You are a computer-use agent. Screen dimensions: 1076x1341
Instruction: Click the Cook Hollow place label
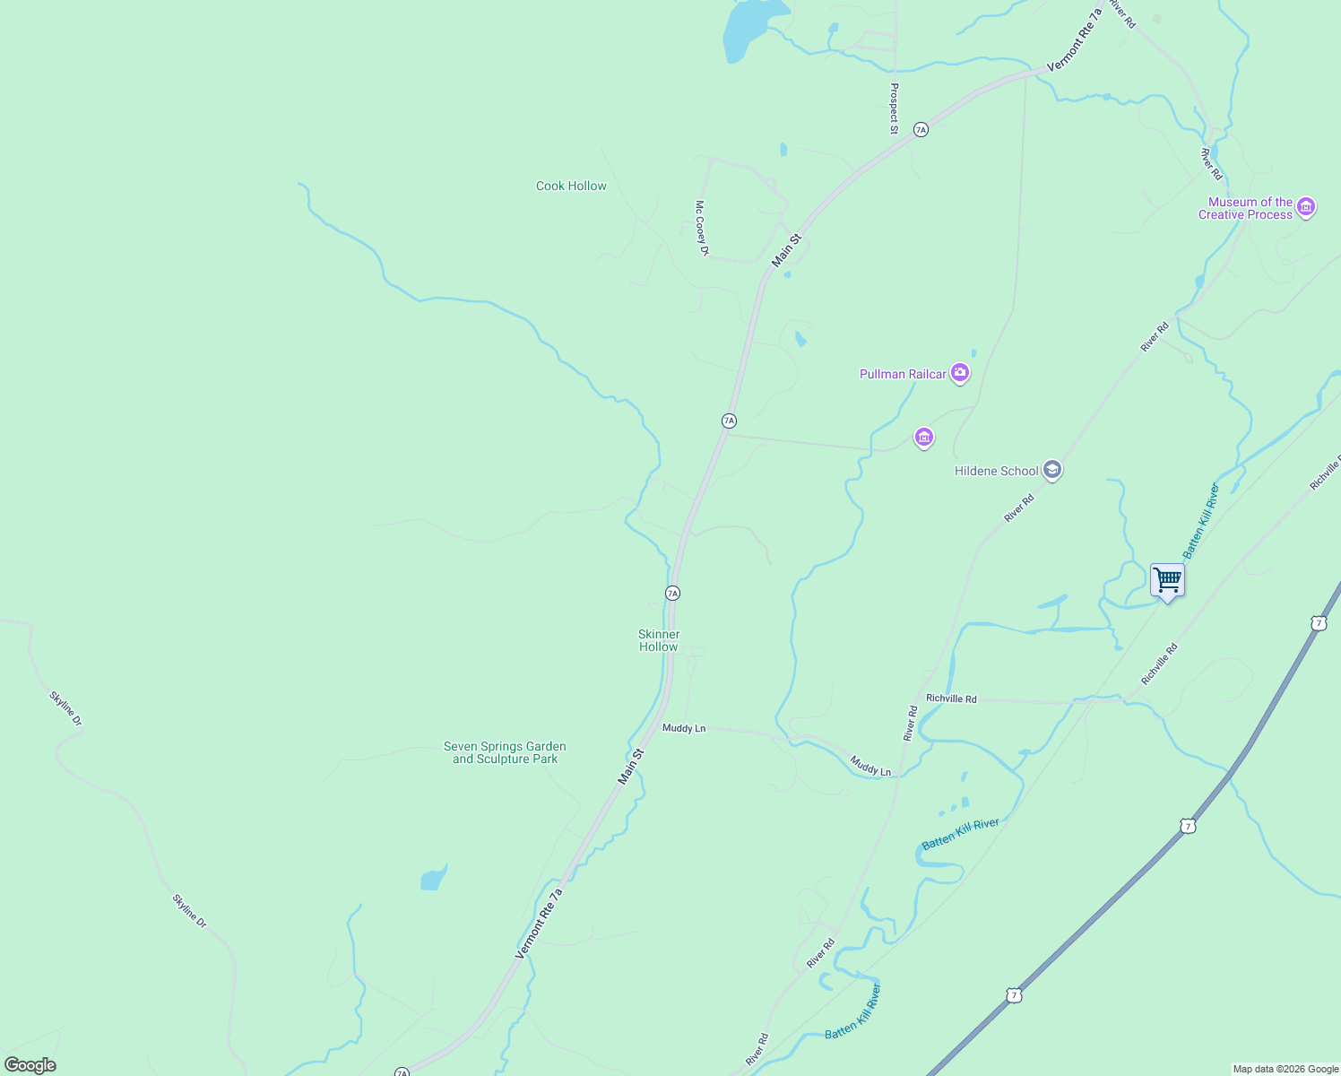[571, 187]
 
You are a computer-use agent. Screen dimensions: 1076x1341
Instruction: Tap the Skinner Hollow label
[659, 640]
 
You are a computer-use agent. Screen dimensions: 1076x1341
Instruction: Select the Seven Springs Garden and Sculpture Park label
[505, 752]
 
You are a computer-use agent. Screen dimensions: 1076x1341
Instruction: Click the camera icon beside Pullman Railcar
[960, 372]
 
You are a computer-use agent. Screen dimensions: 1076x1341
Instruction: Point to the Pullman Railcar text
[903, 374]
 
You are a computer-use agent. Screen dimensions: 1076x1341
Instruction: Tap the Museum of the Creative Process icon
[1306, 208]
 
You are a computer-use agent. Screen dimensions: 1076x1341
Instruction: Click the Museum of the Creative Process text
[1246, 208]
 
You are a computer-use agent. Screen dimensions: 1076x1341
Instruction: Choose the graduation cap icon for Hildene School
[1052, 470]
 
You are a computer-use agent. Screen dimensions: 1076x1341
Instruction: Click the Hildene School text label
[996, 471]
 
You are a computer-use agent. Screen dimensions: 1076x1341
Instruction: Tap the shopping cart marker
[1167, 581]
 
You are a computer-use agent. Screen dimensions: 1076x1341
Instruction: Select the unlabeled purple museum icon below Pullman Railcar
[924, 438]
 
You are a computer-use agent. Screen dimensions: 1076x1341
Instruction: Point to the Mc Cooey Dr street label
[702, 228]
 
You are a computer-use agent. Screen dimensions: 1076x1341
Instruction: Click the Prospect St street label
[894, 108]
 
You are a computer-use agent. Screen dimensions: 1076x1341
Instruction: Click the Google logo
[30, 1065]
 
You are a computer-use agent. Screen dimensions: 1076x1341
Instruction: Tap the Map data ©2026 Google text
[1285, 1069]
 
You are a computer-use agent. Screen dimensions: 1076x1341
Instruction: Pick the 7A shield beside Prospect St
[921, 130]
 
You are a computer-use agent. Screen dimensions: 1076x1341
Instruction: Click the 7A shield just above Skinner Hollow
[672, 594]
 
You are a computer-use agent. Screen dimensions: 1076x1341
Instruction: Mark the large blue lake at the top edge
[749, 27]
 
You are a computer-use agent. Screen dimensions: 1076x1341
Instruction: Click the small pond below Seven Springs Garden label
[433, 879]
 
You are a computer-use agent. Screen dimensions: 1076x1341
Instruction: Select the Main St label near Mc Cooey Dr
[786, 250]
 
